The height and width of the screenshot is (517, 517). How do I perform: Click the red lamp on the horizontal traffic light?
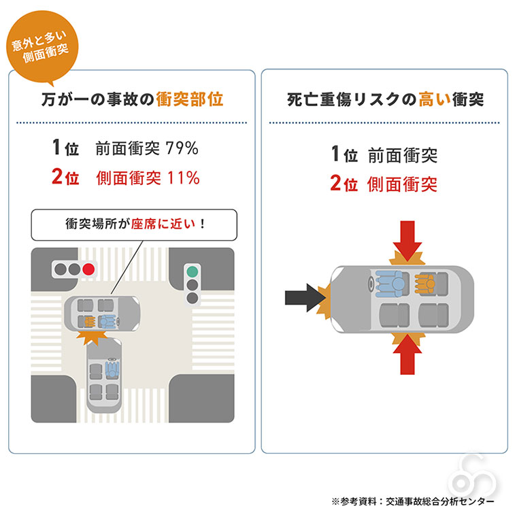click(x=88, y=269)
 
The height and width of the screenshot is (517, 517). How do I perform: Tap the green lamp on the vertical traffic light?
click(x=193, y=270)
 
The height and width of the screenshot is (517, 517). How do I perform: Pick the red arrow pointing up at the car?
click(x=407, y=354)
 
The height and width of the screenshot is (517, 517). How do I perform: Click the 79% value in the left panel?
click(x=184, y=147)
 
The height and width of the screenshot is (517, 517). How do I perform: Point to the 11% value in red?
click(x=184, y=178)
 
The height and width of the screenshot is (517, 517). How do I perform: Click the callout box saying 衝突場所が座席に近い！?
click(x=135, y=223)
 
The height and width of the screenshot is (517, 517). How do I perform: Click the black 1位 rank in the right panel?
click(x=344, y=154)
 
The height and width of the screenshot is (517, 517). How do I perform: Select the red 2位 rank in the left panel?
click(x=65, y=178)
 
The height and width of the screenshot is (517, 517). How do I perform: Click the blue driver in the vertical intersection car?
click(x=112, y=369)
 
